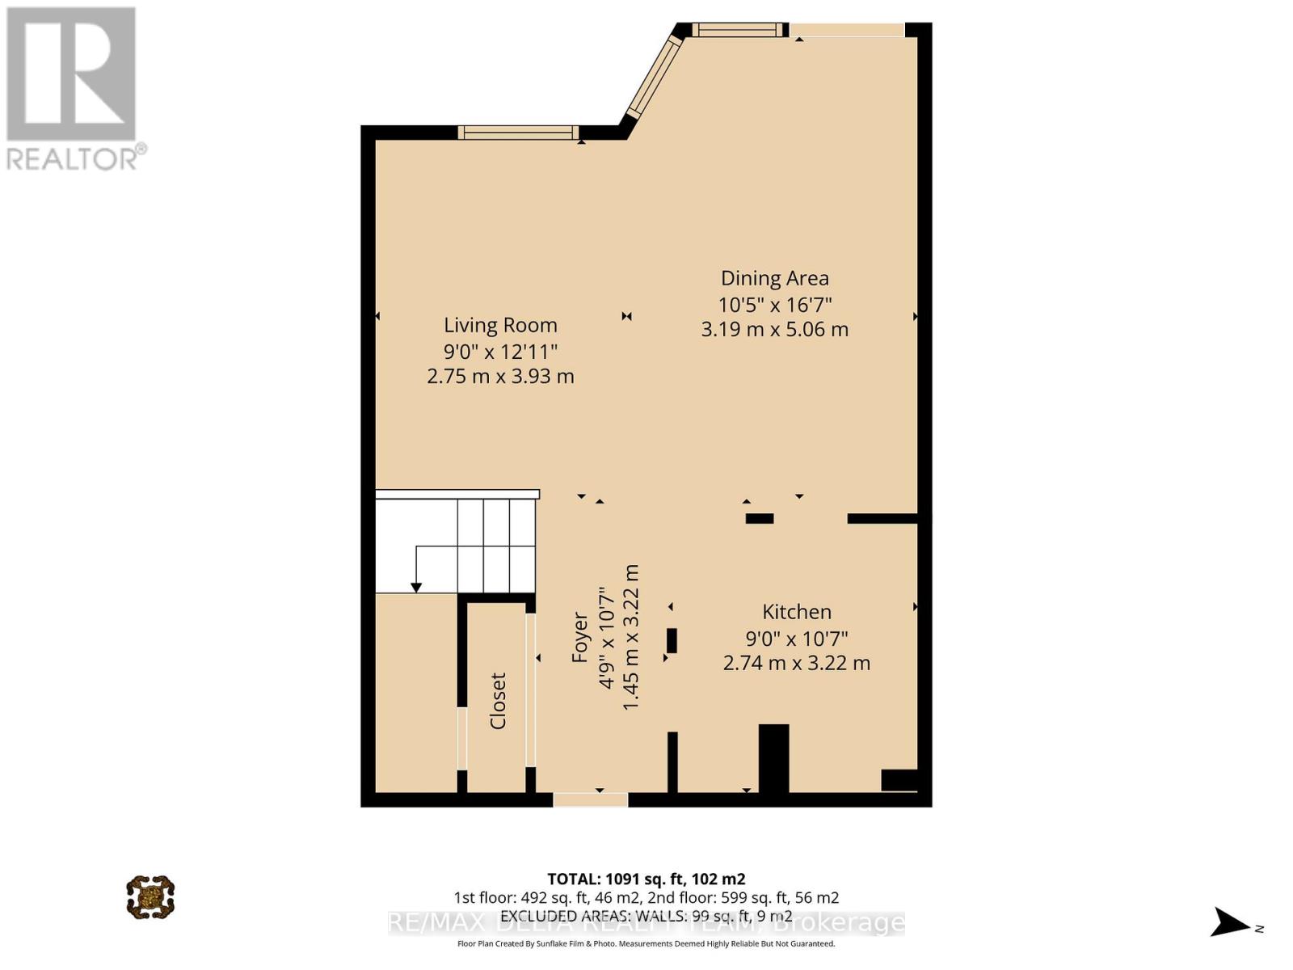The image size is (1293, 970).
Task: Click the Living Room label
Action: (500, 325)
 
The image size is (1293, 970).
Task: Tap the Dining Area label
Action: (774, 278)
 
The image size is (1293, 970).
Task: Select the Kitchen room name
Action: (796, 612)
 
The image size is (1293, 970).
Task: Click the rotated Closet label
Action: (498, 701)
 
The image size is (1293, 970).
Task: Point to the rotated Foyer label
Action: (579, 638)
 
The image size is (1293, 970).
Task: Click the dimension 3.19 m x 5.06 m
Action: (774, 330)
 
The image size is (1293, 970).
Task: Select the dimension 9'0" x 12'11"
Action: (500, 352)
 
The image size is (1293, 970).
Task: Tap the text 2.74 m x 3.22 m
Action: (796, 664)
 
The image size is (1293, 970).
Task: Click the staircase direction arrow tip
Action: (416, 588)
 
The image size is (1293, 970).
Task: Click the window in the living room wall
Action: (518, 133)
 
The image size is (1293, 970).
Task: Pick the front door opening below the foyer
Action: (590, 799)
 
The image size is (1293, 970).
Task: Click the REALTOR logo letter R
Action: (71, 74)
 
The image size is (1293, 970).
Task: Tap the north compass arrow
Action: (1231, 922)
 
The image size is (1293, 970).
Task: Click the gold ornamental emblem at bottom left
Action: (150, 896)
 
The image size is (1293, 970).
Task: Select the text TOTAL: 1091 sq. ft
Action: (646, 879)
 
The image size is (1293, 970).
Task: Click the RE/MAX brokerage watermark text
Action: (646, 923)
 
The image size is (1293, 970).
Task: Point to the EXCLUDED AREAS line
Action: (646, 916)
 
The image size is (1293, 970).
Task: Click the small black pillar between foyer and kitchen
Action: (672, 640)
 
